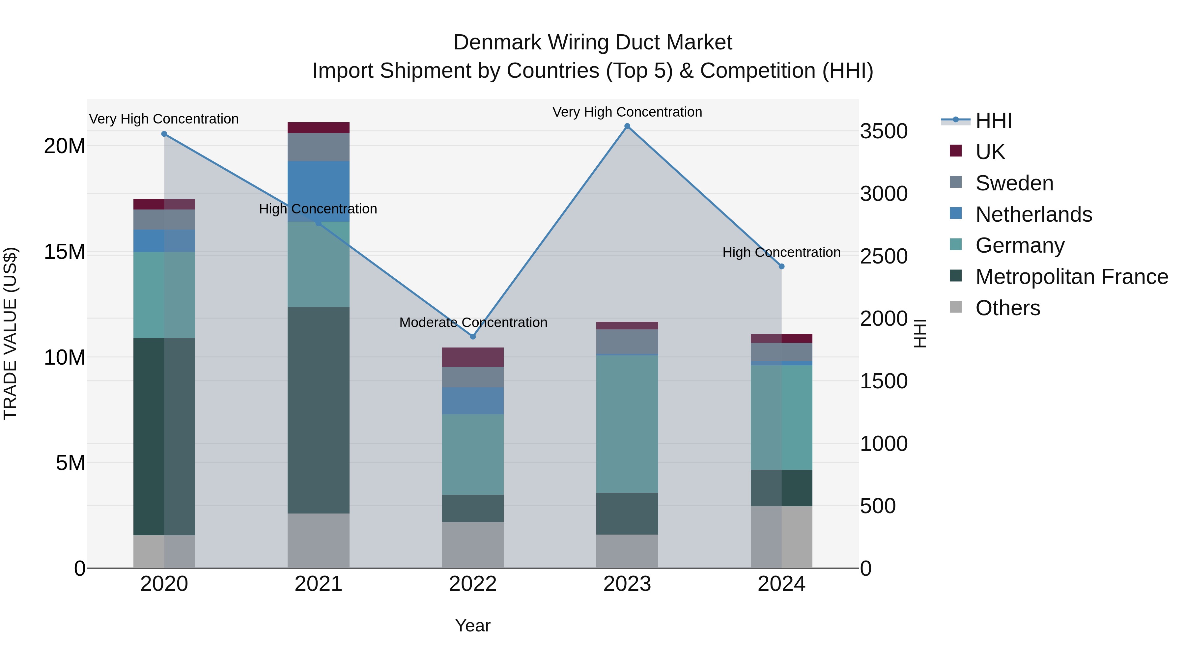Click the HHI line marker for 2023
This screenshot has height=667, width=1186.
click(627, 126)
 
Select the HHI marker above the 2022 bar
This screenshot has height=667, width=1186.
click(473, 337)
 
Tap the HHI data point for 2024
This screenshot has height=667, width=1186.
click(781, 266)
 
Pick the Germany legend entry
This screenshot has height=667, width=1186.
click(1019, 245)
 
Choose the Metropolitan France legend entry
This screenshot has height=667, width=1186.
click(1071, 277)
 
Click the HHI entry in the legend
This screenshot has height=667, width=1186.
click(994, 121)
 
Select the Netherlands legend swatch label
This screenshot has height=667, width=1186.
click(1033, 214)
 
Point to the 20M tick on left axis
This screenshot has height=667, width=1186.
click(65, 146)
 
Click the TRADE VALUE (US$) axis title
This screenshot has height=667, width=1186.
click(10, 333)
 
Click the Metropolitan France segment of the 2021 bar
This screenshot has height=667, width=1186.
click(318, 410)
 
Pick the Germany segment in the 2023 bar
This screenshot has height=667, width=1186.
click(627, 424)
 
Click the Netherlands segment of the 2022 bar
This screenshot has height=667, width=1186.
click(473, 401)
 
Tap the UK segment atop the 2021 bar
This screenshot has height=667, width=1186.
click(318, 127)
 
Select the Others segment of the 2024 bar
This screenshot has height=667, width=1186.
click(781, 537)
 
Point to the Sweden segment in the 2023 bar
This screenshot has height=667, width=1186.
click(627, 341)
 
